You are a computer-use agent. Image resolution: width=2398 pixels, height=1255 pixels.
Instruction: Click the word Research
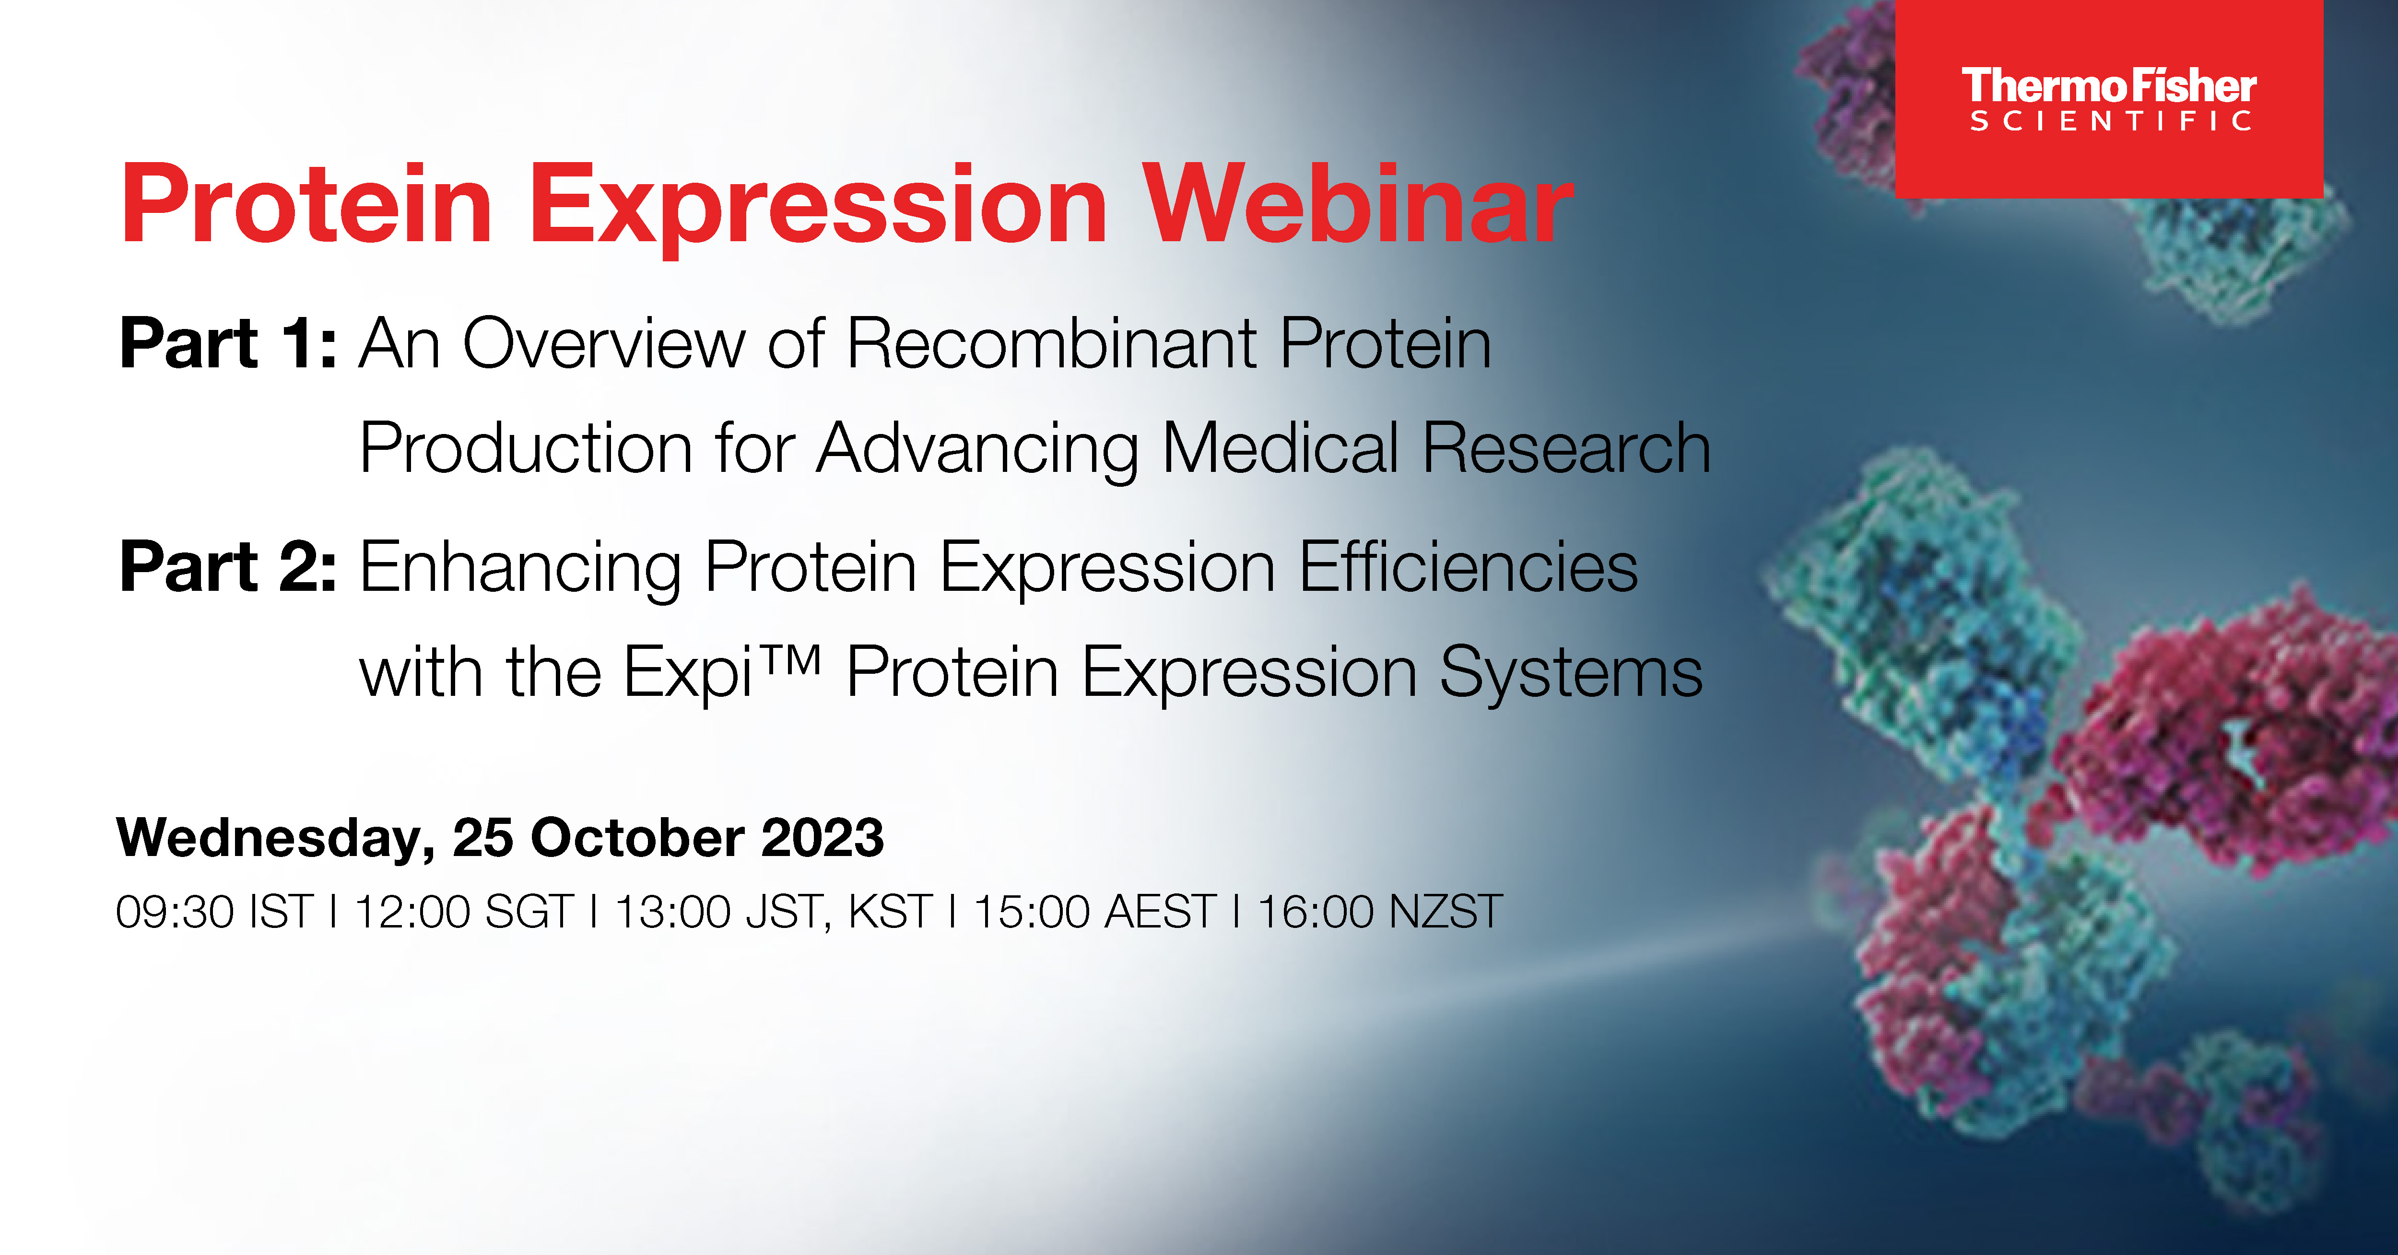coord(1566,449)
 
